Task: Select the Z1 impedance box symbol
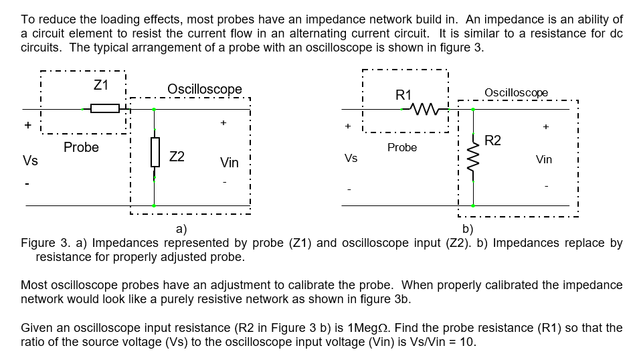[104, 108]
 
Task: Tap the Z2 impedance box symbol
[155, 152]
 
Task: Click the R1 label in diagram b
[404, 94]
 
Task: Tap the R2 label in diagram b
[492, 141]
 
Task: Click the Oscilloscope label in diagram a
[204, 89]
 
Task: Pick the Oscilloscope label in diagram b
[516, 92]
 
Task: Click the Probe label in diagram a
[81, 147]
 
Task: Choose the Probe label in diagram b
[401, 147]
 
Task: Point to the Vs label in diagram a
[30, 161]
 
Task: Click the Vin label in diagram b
[545, 159]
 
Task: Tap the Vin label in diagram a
[229, 163]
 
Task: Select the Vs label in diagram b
[351, 159]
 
